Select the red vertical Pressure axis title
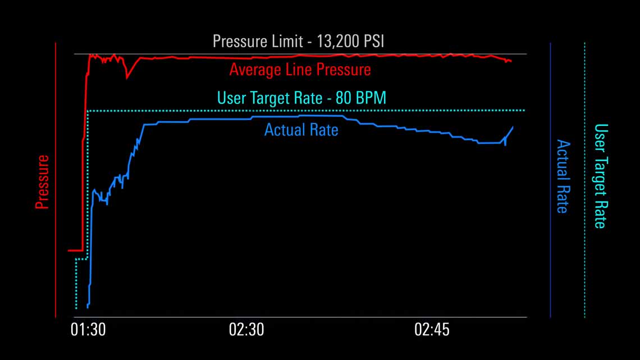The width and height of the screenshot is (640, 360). tap(42, 183)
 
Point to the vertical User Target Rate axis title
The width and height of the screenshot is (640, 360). tap(600, 176)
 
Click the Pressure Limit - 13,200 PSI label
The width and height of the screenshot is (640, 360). tap(298, 41)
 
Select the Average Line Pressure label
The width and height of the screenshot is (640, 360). tap(300, 70)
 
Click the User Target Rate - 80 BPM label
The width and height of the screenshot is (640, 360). tap(301, 98)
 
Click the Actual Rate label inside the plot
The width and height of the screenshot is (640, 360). tap(301, 130)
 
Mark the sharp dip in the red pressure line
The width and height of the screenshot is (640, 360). tap(127, 76)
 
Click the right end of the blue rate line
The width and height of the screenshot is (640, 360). tap(513, 127)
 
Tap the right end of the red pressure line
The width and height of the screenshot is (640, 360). tap(510, 61)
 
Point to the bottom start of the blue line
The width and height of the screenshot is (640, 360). tap(88, 307)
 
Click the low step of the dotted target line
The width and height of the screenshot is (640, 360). tap(81, 259)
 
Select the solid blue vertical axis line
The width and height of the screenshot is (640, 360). tap(551, 180)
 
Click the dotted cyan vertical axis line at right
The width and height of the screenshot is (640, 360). tap(584, 180)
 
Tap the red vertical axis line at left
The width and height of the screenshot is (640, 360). tap(56, 180)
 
